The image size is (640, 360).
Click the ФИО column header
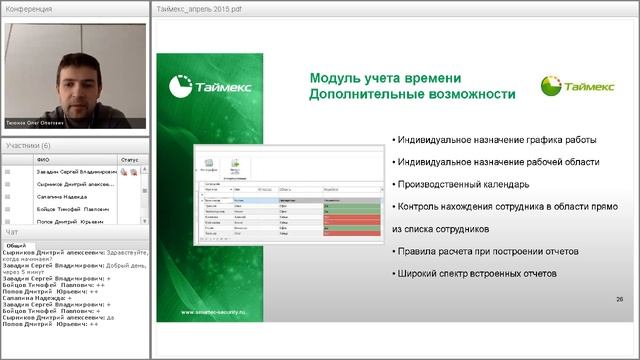coord(42,159)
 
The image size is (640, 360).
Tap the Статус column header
coord(130,159)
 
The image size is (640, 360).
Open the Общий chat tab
coord(16,245)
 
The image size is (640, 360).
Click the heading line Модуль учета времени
coord(385,77)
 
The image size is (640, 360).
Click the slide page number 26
coord(619,299)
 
